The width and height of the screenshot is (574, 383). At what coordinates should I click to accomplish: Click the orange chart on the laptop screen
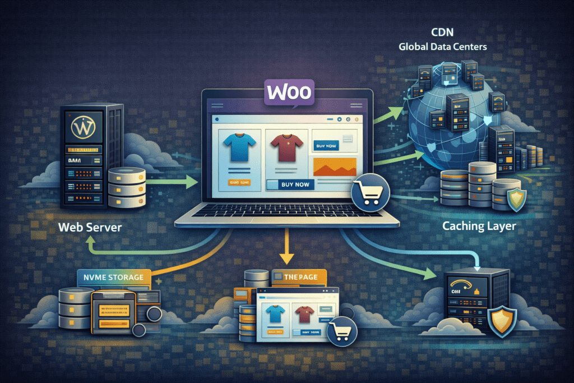coord(334,167)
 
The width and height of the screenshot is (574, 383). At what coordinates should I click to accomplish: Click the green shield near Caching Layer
coord(515,199)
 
